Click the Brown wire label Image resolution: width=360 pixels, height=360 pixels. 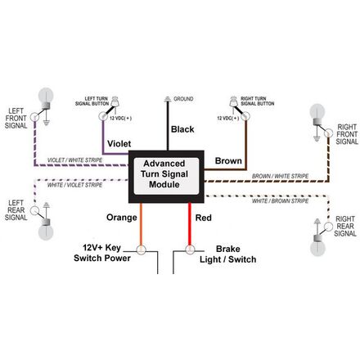[x=228, y=160]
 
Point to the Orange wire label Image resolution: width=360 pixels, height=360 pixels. [x=120, y=218]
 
